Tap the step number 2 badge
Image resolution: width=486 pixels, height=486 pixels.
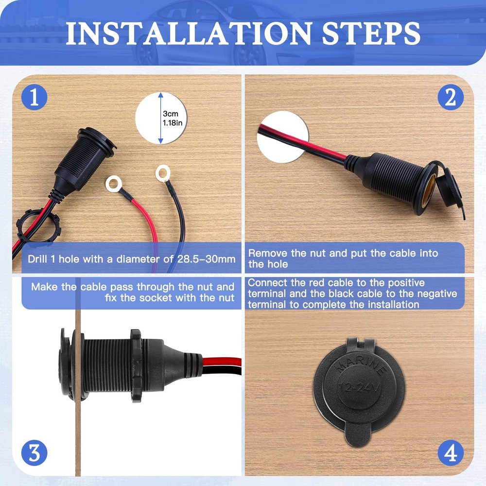click(451, 98)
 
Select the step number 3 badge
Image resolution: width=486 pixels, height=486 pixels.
click(34, 453)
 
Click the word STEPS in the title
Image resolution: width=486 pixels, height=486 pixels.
click(368, 33)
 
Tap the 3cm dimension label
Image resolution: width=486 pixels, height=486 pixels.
click(170, 113)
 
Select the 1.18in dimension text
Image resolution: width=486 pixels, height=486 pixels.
click(173, 123)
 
